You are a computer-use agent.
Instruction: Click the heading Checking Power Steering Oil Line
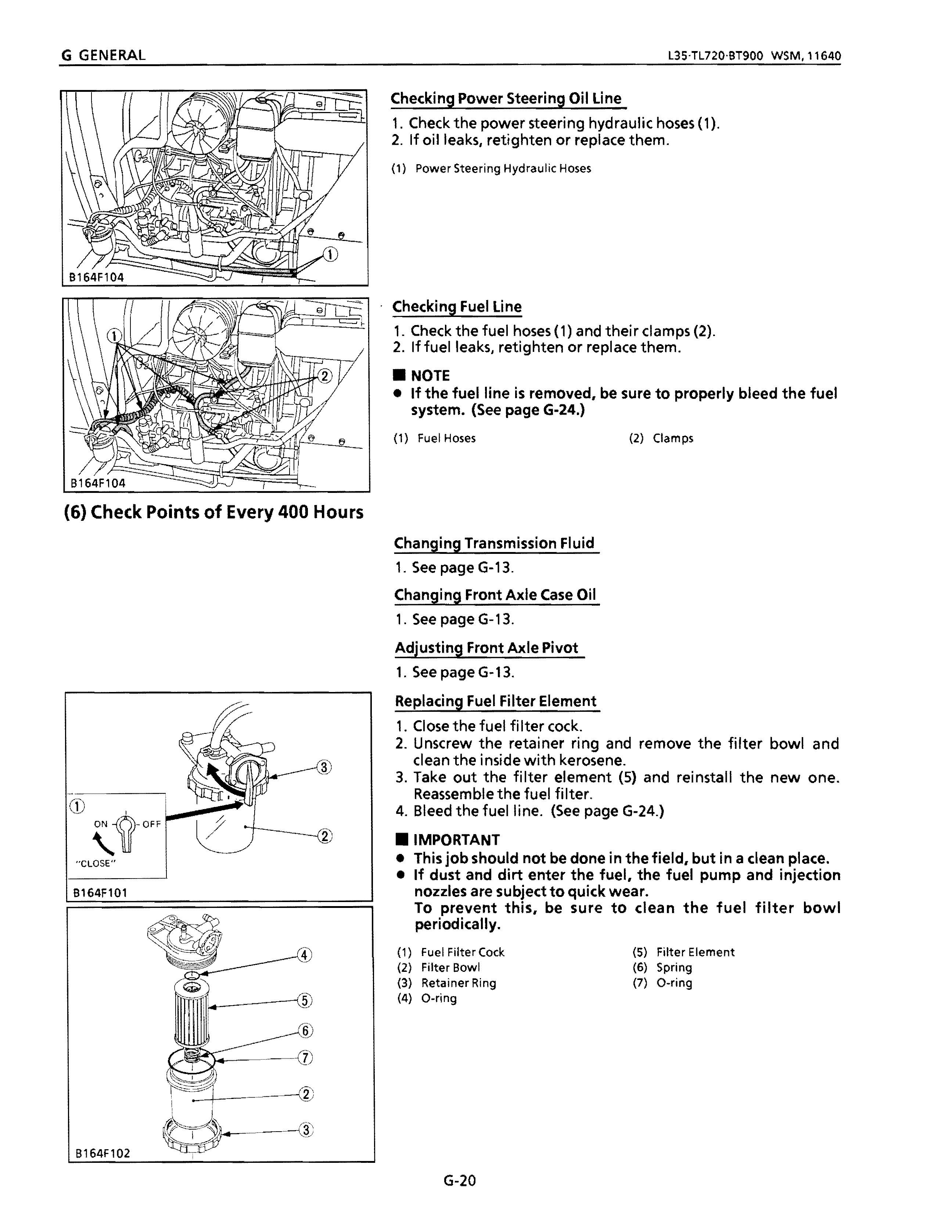506,98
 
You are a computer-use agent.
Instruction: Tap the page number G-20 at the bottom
459,1181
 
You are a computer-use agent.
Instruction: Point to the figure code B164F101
100,893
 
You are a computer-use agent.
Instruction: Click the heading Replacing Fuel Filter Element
496,702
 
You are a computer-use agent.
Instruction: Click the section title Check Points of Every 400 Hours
213,512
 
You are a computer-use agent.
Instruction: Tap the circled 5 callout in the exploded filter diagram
304,1000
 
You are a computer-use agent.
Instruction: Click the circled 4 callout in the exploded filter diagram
304,955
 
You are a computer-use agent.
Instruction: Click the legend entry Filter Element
695,952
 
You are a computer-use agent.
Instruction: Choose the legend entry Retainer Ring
458,983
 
